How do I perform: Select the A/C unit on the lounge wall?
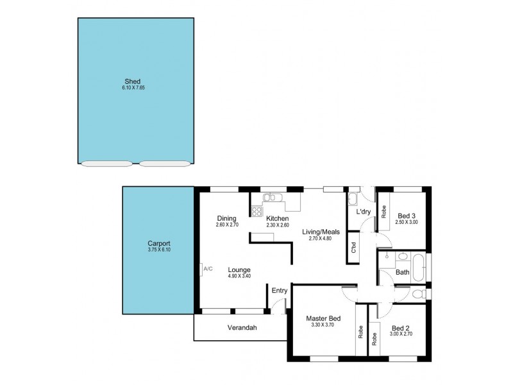(207, 269)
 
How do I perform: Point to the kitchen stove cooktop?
(256, 210)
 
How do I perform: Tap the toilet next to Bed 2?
(418, 294)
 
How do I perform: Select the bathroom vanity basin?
(401, 257)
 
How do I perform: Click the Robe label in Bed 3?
(383, 212)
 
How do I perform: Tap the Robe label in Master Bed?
(360, 333)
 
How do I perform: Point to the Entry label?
(280, 290)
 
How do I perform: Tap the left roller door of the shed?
(106, 164)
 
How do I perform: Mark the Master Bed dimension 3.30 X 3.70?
(323, 325)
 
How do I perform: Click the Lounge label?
(238, 270)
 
